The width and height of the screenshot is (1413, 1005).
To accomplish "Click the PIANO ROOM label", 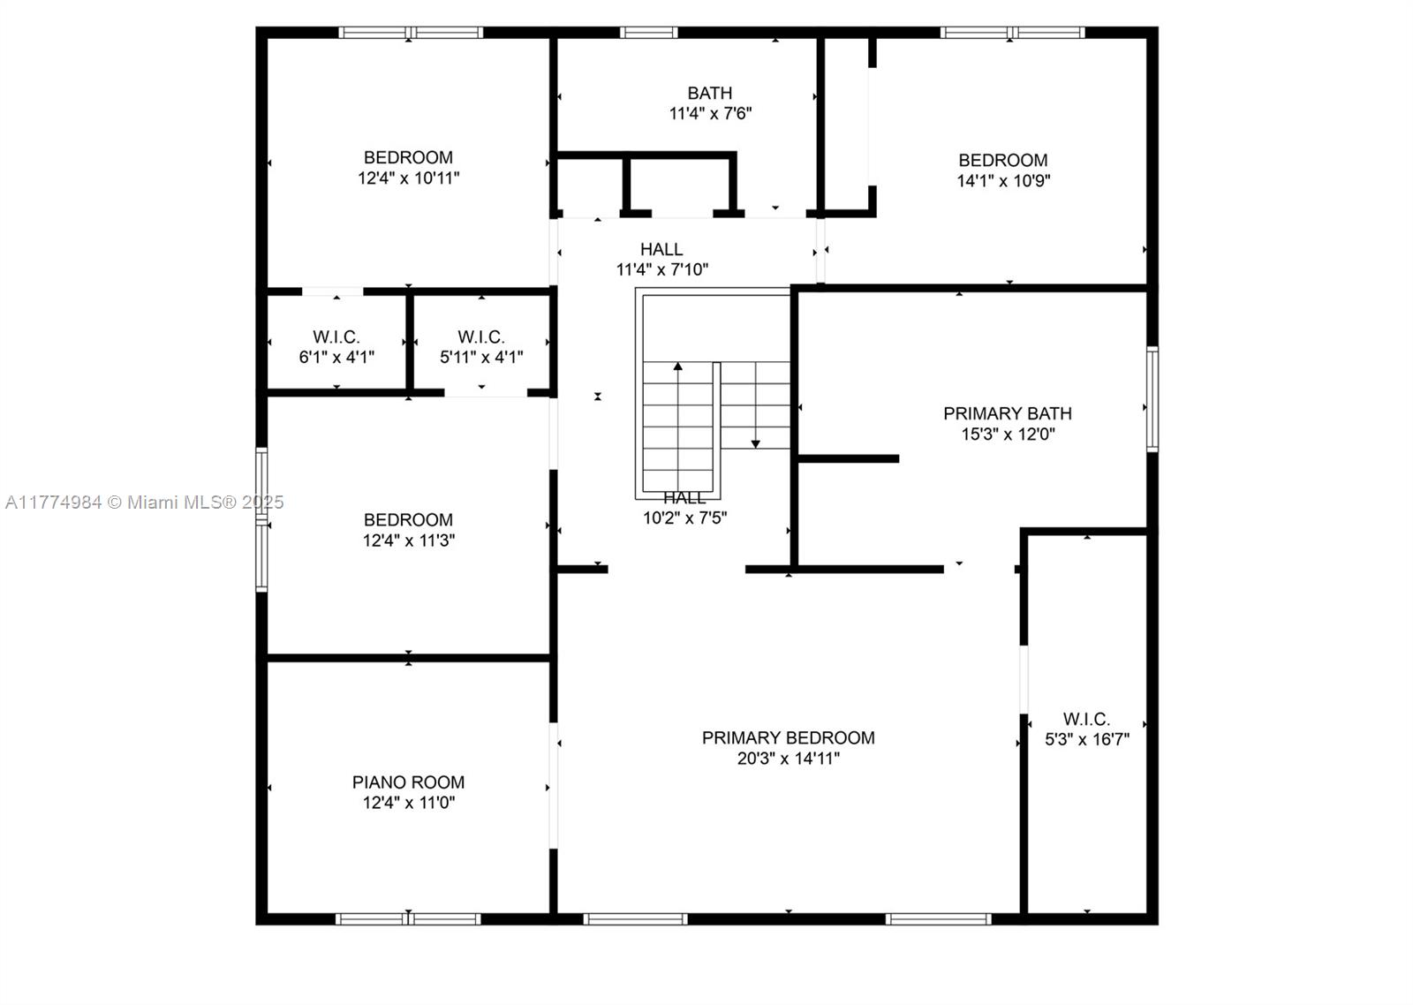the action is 408,782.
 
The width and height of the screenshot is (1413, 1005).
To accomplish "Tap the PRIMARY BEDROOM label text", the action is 788,737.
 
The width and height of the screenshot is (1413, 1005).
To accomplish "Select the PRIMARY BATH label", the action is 1008,413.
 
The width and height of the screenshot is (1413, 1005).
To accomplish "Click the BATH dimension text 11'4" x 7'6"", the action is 710,114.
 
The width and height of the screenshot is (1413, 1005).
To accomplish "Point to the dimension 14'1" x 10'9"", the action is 1003,181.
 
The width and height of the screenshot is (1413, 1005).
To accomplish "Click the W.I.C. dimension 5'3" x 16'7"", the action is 1087,739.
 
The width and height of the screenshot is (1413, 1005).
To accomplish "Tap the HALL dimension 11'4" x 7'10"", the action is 661,270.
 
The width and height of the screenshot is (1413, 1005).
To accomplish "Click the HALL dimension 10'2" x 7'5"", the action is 684,518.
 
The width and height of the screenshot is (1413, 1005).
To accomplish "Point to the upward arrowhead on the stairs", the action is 678,366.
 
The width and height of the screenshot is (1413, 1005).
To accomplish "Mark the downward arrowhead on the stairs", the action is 755,444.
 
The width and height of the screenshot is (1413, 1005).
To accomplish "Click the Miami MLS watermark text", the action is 145,502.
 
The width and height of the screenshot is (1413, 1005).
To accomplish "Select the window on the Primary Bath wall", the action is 1152,398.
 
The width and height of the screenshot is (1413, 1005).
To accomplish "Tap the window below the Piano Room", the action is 408,919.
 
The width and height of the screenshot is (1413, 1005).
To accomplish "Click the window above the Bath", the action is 648,33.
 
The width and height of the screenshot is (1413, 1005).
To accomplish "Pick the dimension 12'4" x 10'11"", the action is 408,178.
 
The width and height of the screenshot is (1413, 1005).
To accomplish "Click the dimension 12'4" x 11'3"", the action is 408,540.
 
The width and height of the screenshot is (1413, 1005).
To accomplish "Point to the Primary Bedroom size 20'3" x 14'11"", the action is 788,759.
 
